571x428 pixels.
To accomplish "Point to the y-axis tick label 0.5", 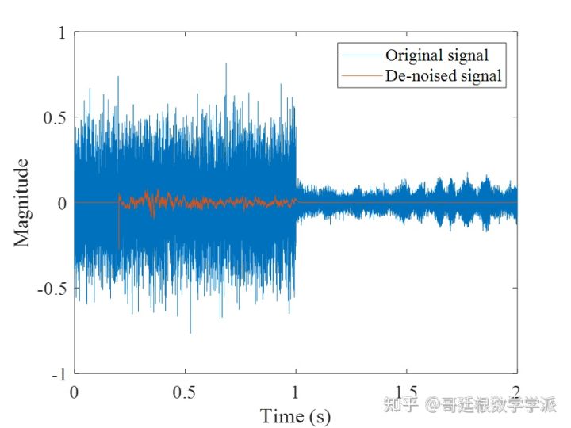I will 54,117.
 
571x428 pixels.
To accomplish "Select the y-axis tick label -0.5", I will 52,288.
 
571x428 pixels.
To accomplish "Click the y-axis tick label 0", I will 61,203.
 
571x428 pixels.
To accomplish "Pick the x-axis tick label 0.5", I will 185,392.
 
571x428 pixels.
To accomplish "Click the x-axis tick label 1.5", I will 406,392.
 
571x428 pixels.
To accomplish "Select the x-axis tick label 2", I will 517,392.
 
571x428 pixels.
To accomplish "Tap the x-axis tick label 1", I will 296,392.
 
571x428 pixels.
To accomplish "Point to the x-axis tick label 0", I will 75,392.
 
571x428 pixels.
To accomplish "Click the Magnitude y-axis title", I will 22,203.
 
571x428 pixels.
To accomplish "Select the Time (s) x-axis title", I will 295,415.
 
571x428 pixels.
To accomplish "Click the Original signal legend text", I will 436,55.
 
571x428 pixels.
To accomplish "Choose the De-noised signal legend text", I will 444,76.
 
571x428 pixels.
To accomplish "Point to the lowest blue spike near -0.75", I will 190,331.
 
